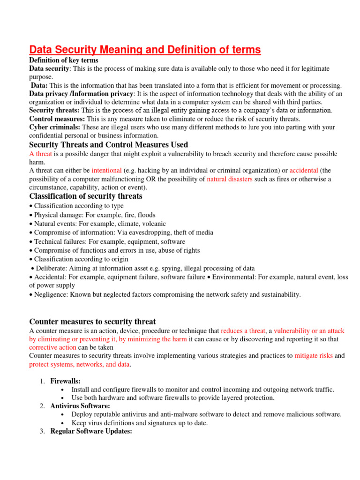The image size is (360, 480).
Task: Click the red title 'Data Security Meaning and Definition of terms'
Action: [145, 50]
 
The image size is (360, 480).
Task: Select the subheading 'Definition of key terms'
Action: [64, 60]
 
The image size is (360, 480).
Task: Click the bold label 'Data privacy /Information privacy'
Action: [81, 94]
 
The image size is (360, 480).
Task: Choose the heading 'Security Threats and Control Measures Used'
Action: [109, 144]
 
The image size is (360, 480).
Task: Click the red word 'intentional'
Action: [106, 170]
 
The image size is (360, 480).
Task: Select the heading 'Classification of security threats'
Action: [86, 196]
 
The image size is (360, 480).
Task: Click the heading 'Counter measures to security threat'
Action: [92, 321]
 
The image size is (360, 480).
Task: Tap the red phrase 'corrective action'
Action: [52, 347]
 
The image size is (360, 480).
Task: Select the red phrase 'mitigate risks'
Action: [314, 356]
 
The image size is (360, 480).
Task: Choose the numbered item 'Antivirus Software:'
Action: [80, 406]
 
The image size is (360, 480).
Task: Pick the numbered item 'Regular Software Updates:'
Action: [92, 431]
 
